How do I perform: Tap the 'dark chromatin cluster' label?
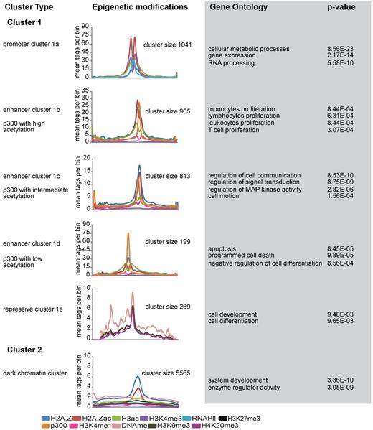pos(35,372)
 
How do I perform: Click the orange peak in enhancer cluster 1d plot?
pos(128,234)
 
